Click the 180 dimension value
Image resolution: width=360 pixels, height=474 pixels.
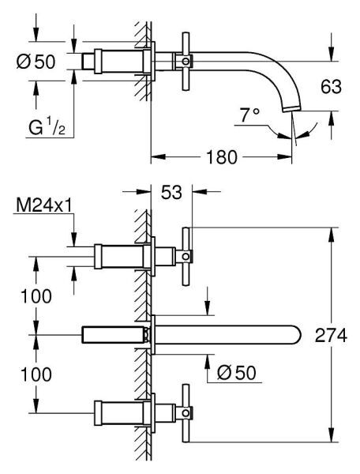click(x=218, y=156)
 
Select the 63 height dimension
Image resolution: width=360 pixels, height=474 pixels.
click(x=331, y=87)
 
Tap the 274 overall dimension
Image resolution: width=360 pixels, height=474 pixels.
click(x=332, y=336)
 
